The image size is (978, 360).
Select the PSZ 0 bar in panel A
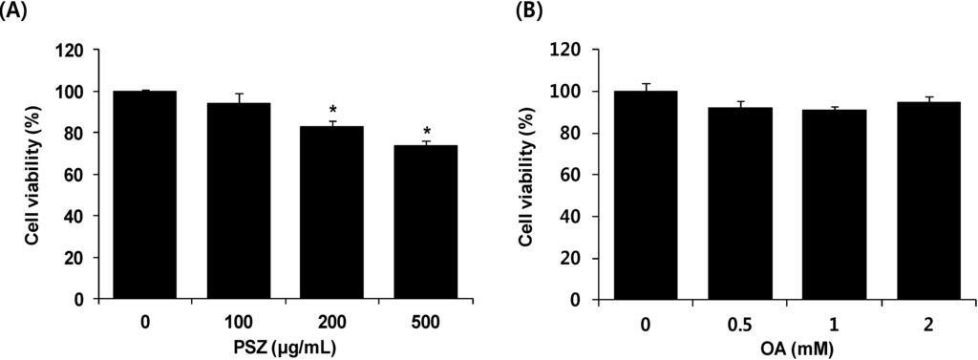point(144,195)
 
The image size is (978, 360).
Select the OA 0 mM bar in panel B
point(646,195)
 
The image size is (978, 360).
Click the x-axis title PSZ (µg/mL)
point(287,346)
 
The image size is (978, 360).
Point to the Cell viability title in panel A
point(32,174)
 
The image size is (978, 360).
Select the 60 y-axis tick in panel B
point(573,175)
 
